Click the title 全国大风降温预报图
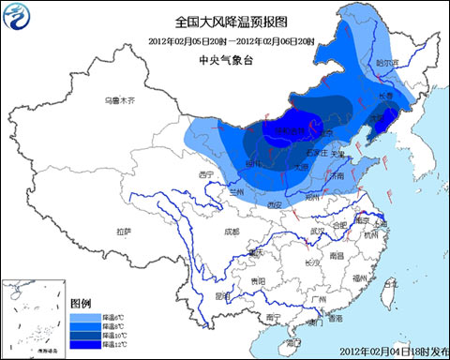pyautogui.click(x=224, y=20)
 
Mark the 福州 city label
pyautogui.click(x=359, y=278)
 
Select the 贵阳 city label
pyautogui.click(x=258, y=280)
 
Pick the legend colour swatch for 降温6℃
pyautogui.click(x=81, y=317)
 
